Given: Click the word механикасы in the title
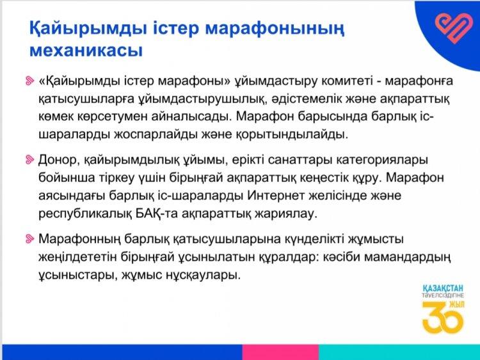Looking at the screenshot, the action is coord(86,50).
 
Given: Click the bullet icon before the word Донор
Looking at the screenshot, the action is coord(29,160).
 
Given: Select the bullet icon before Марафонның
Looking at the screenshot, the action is coord(29,239).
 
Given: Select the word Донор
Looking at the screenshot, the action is coord(57,160).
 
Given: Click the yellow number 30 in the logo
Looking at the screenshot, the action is coord(442,318).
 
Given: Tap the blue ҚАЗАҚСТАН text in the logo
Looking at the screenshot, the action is coord(444,288).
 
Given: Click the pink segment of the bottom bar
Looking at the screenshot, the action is coord(280,352).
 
